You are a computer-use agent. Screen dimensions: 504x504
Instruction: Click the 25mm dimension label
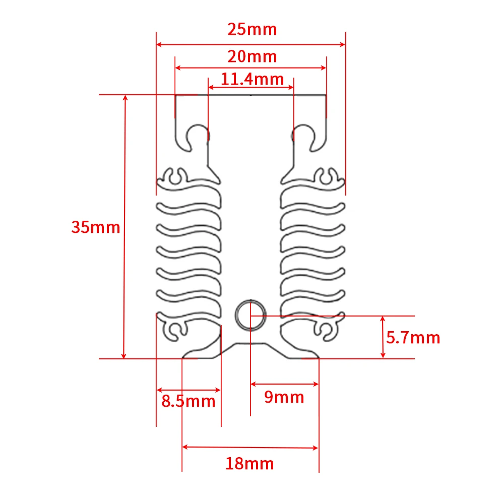click(x=252, y=29)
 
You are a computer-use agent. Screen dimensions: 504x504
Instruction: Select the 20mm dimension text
click(x=252, y=56)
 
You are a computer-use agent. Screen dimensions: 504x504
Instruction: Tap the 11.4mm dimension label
click(x=252, y=79)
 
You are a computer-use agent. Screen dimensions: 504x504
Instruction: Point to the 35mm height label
click(x=96, y=227)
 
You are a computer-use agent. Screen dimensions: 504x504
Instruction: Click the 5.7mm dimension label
click(x=413, y=337)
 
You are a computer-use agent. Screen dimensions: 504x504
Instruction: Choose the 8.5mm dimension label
click(x=188, y=401)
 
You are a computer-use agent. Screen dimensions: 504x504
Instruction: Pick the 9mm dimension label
click(x=284, y=397)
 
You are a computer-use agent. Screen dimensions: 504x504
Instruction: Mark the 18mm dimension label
click(x=250, y=463)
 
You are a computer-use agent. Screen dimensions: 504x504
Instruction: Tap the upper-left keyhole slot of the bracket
click(x=198, y=135)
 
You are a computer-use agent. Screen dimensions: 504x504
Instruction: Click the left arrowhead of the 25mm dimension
click(x=159, y=44)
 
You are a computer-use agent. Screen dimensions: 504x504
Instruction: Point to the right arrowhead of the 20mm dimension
click(x=324, y=68)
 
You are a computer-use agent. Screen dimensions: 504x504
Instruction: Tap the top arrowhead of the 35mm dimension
click(x=125, y=98)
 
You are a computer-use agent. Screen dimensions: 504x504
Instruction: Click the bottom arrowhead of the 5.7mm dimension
click(x=383, y=355)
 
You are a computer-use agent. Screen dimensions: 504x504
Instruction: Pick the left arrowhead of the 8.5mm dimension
click(x=159, y=390)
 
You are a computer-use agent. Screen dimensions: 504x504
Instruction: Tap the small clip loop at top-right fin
click(x=327, y=176)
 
